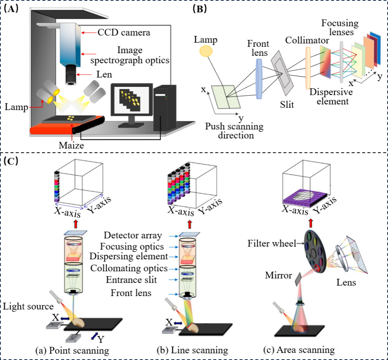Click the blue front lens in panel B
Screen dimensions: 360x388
260,76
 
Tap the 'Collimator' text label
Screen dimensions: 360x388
302,40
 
